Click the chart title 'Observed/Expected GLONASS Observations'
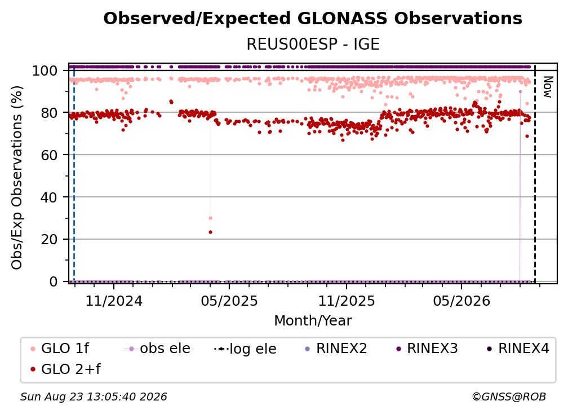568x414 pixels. point(313,19)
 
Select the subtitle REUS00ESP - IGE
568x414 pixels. point(313,44)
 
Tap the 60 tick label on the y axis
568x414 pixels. point(49,155)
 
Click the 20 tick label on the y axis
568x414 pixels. point(49,240)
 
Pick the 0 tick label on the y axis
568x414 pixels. point(54,281)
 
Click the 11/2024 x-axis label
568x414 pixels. point(114,301)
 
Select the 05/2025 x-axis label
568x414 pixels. point(229,301)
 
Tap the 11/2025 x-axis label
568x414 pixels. point(347,301)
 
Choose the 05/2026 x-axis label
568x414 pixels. point(461,301)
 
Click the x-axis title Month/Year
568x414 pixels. point(313,321)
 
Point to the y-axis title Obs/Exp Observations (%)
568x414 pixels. point(17,178)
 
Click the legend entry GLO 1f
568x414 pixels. point(60,349)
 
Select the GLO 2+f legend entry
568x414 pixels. point(65,369)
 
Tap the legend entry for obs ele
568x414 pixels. point(157,349)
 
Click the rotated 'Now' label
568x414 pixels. point(547,87)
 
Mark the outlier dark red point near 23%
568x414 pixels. point(211,232)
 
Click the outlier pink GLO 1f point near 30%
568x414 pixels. point(211,218)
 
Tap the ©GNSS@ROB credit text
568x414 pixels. point(509,397)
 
